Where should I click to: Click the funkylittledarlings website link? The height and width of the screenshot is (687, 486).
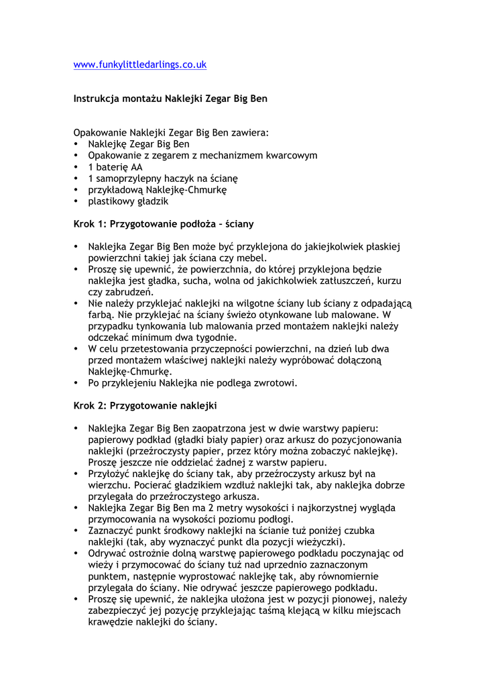(139, 65)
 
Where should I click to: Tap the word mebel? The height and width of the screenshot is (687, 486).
(253, 258)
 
